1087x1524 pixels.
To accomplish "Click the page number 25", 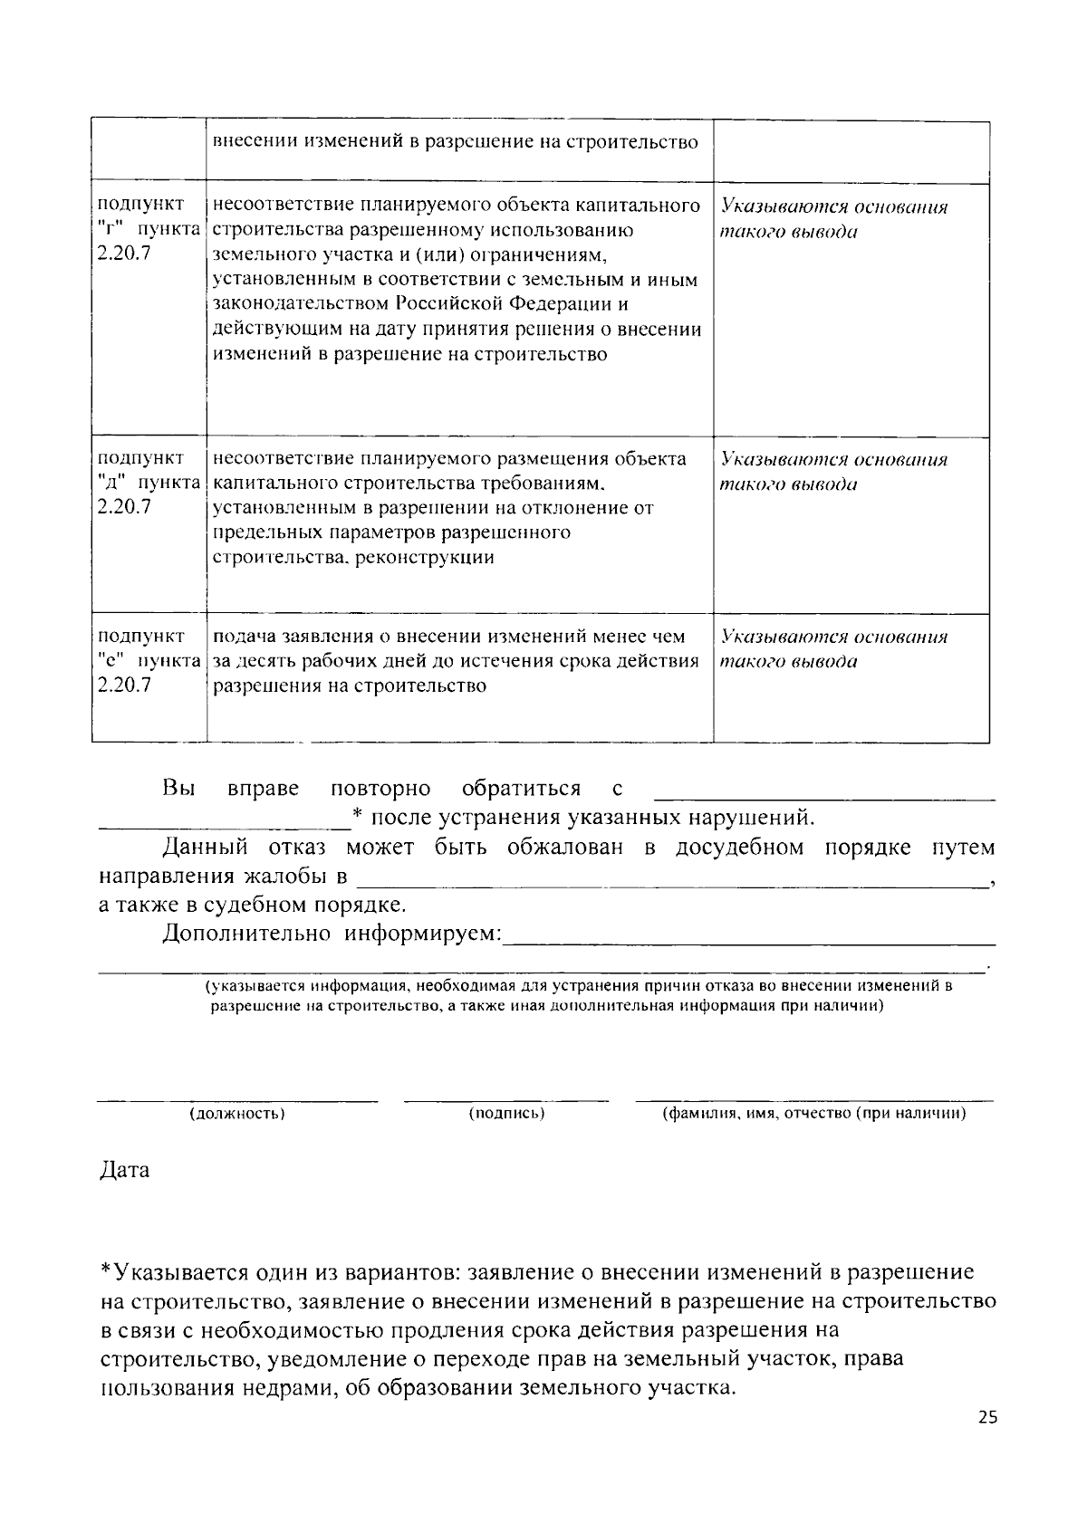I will point(987,1418).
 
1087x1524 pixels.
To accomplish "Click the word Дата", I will point(124,1170).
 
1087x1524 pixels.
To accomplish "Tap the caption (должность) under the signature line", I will point(237,1113).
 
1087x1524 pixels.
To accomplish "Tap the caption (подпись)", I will point(506,1113).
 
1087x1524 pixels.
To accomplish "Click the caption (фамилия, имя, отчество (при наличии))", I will point(813,1113).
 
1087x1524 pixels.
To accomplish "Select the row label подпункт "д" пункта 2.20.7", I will point(148,483).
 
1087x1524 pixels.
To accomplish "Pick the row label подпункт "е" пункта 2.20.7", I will point(148,660).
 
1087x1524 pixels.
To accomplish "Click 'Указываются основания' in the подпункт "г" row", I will point(833,207).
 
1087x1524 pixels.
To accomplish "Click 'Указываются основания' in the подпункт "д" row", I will point(833,460).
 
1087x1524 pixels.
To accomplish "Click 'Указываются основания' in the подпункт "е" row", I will point(833,637).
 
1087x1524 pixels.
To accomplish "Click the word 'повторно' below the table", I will point(380,789).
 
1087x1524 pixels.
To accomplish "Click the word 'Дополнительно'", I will point(245,934).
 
